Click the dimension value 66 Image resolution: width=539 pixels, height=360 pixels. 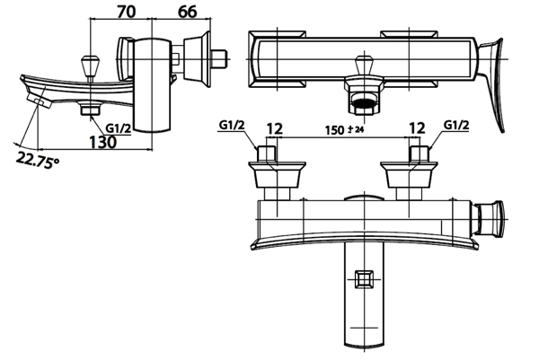[188, 12]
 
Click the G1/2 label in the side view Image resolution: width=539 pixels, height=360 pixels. [119, 128]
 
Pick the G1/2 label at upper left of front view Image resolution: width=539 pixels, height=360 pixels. [231, 124]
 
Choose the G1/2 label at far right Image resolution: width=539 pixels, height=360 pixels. [457, 124]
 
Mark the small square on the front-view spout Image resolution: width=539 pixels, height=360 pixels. [364, 278]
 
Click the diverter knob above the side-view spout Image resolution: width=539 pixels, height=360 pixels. [88, 65]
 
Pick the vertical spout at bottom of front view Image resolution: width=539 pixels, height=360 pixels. [364, 296]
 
